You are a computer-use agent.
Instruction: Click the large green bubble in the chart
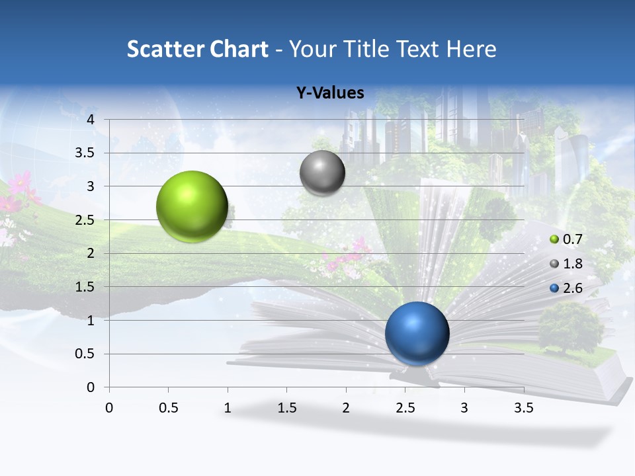point(192,206)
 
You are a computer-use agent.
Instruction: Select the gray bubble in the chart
point(322,173)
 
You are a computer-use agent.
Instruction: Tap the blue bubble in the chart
point(417,333)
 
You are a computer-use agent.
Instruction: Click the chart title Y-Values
point(330,93)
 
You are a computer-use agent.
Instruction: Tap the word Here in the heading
point(471,49)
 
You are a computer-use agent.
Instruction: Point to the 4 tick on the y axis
point(91,120)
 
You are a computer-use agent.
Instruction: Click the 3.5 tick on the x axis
point(523,408)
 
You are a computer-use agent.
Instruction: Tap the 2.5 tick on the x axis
point(405,408)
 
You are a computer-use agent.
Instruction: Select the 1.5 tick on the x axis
point(286,408)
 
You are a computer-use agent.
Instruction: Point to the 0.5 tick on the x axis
point(168,408)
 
